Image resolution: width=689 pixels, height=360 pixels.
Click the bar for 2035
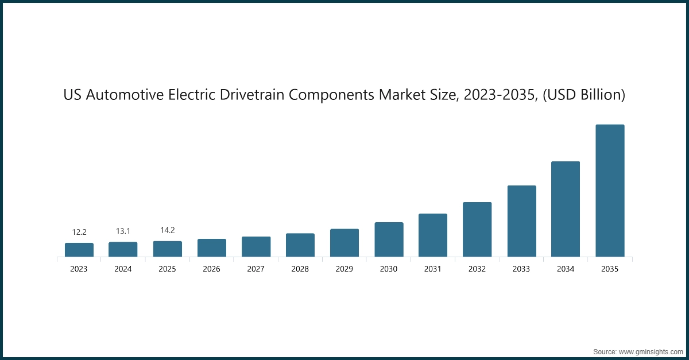click(610, 191)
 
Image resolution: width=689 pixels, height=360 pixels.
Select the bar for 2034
click(566, 209)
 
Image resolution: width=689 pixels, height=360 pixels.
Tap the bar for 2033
click(521, 221)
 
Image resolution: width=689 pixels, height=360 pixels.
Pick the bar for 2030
click(389, 239)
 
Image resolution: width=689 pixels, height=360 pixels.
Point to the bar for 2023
click(79, 250)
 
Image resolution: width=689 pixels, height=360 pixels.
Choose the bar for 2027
click(256, 246)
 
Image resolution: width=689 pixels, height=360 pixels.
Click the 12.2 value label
click(79, 232)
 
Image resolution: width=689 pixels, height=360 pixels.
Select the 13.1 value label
click(123, 231)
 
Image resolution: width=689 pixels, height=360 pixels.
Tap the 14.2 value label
click(167, 230)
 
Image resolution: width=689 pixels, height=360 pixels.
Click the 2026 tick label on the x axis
click(211, 269)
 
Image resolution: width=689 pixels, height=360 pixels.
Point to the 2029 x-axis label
click(344, 269)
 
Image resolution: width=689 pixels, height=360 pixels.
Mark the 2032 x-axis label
click(477, 269)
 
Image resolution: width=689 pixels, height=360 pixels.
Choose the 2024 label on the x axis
click(123, 269)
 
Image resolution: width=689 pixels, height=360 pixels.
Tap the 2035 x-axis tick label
click(610, 269)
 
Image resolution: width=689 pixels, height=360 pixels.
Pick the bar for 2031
click(433, 235)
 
